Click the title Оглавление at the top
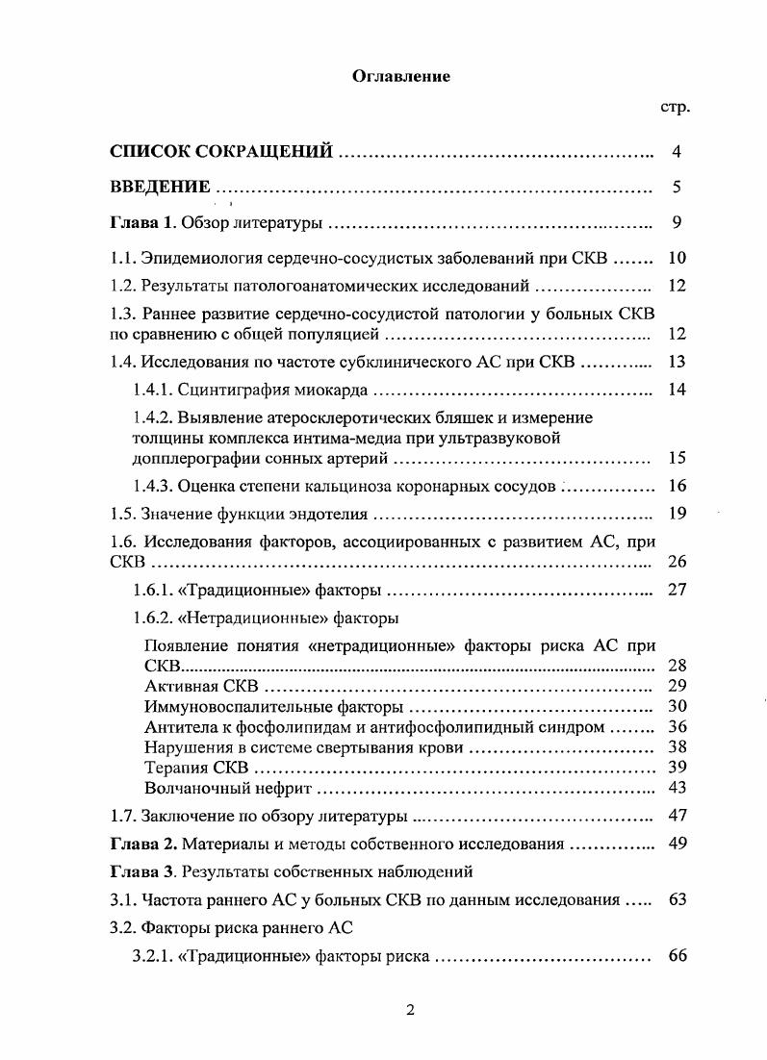pos(401,77)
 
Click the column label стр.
pos(675,108)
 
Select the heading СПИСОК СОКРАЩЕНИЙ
pos(221,152)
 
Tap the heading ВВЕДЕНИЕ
pos(161,187)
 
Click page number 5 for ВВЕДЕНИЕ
pos(677,187)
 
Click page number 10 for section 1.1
pos(677,258)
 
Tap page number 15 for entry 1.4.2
pos(677,457)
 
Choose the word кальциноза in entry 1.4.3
pos(355,486)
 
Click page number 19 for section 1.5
pos(677,513)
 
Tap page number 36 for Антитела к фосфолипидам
pos(677,726)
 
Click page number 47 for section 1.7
pos(677,816)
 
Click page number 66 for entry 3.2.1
pos(677,956)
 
